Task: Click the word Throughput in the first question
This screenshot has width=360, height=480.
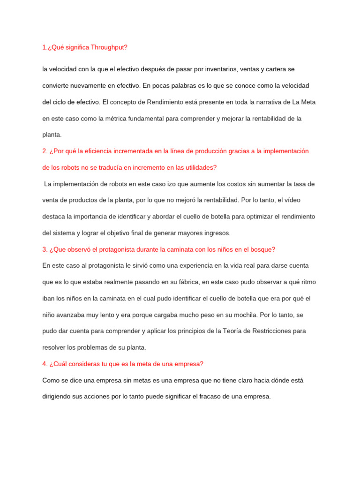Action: (108, 47)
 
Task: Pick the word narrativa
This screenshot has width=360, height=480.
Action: (263, 102)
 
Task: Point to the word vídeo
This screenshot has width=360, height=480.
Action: (305, 200)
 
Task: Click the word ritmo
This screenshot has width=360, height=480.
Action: (301, 282)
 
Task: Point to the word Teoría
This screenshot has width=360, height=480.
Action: (223, 331)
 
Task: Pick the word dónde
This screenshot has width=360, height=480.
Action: (280, 380)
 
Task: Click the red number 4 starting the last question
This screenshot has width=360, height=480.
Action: (44, 364)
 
